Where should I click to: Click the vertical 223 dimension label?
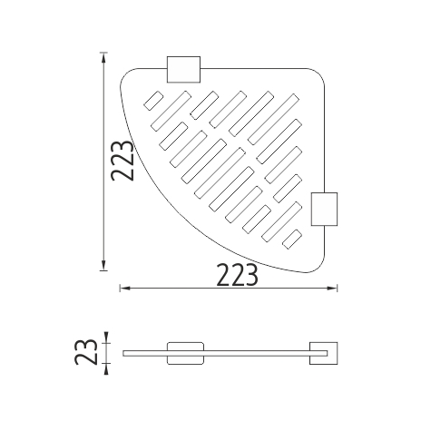pos(122,161)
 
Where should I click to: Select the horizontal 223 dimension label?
pos(238,275)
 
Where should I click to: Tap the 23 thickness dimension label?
pos(86,352)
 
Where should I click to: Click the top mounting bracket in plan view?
pos(183,69)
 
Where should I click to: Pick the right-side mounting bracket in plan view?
pos(324,209)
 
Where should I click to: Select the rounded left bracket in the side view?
pos(185,353)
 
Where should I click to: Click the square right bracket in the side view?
pos(323,353)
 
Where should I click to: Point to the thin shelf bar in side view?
pos(225,353)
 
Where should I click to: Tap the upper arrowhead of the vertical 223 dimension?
pos(103,58)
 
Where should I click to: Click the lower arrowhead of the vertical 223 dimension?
pos(103,265)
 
